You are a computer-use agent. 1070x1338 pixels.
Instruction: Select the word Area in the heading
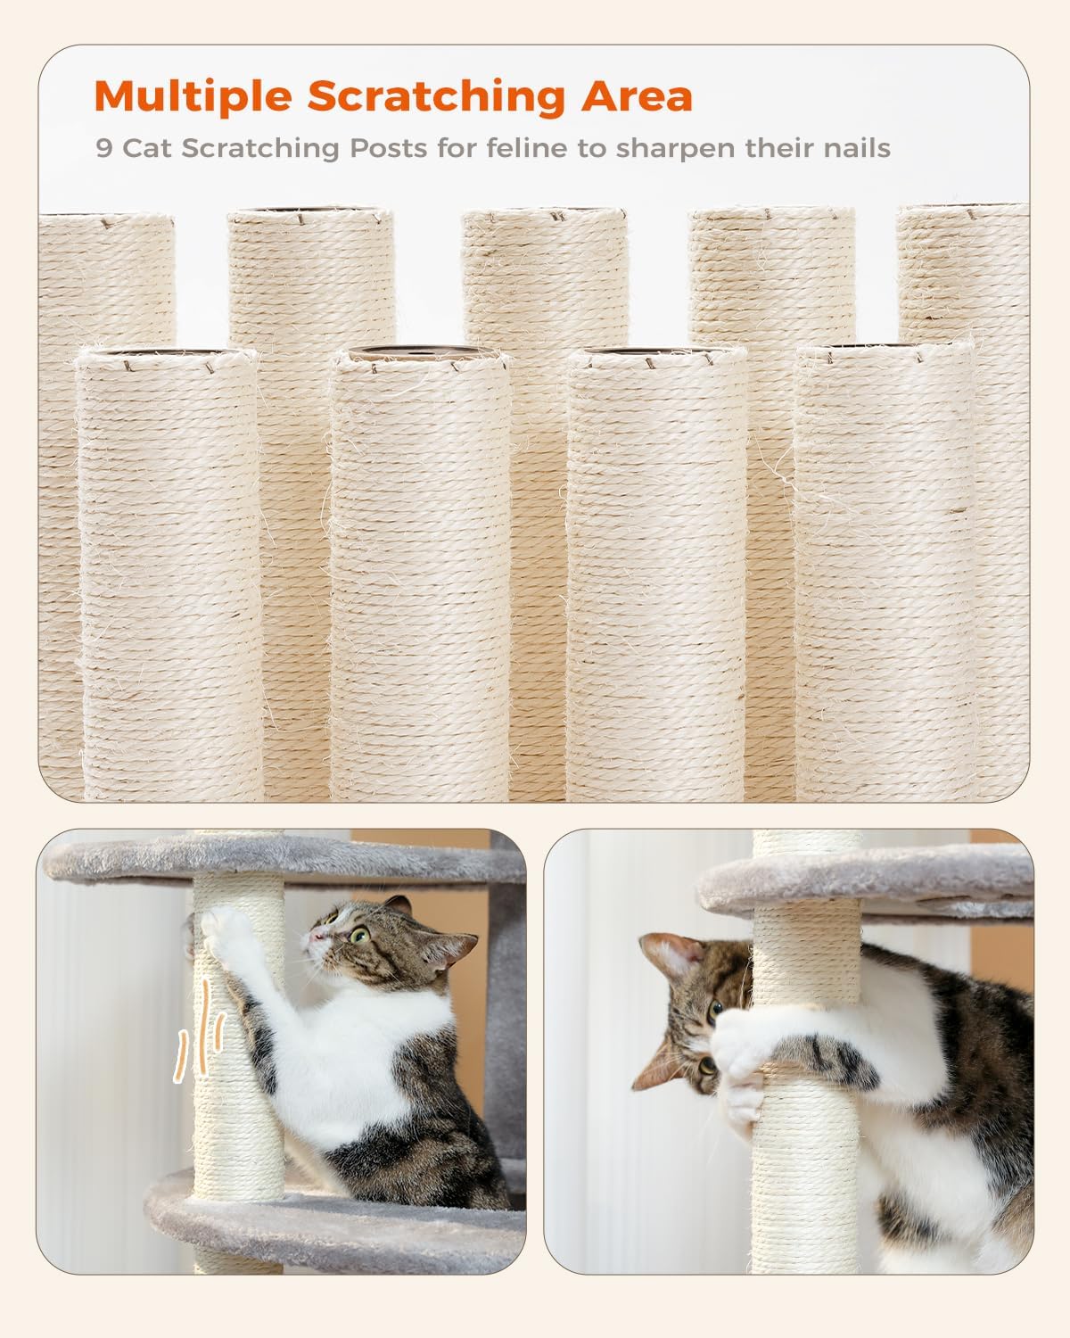point(637,96)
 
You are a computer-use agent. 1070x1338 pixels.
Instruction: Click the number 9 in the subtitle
point(104,148)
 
